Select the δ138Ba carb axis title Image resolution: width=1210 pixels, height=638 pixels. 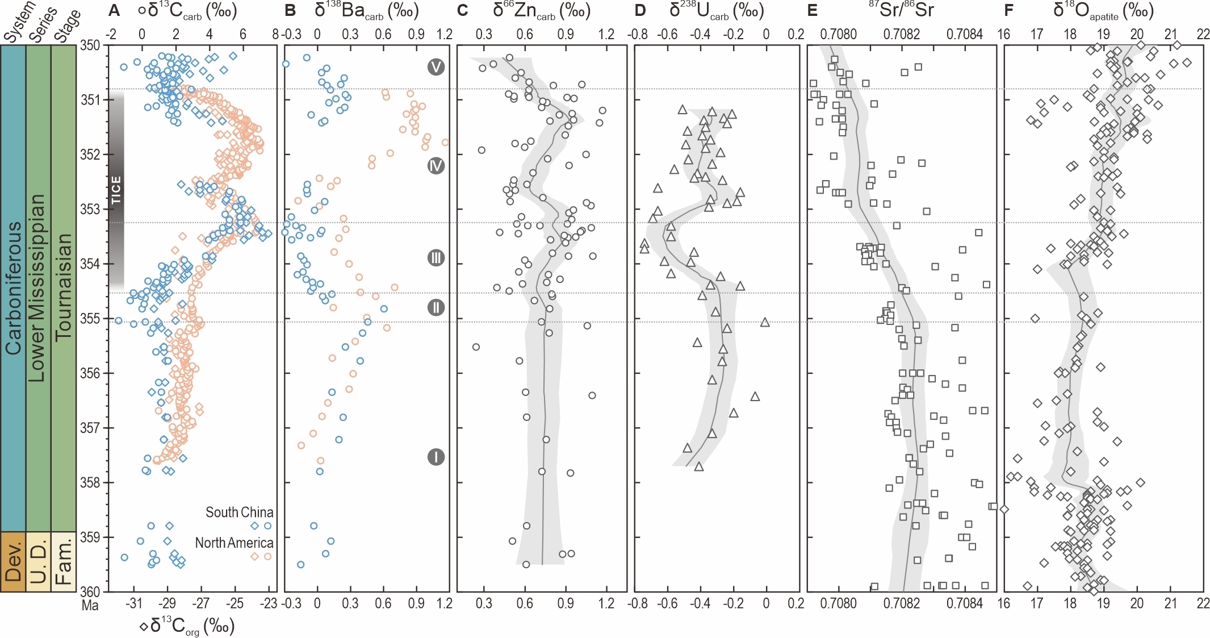(x=366, y=10)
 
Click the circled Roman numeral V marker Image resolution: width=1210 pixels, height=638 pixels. (x=436, y=67)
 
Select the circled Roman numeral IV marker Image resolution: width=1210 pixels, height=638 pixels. (x=436, y=166)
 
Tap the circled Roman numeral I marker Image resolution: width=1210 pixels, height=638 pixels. (x=436, y=457)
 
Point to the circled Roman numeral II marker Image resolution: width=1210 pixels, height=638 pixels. (x=436, y=307)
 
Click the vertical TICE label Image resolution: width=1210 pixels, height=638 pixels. (x=116, y=190)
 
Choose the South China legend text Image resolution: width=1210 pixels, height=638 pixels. (x=239, y=512)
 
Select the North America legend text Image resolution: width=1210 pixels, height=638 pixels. (x=234, y=543)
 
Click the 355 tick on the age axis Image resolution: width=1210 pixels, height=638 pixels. (x=89, y=319)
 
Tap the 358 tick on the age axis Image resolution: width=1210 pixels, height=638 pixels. (x=89, y=482)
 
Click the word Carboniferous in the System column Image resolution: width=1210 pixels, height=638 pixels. (x=13, y=287)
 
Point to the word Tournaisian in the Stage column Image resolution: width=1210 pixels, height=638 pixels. (x=64, y=287)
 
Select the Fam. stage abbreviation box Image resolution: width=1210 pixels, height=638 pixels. (x=64, y=561)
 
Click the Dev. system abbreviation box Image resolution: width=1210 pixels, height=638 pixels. (x=13, y=561)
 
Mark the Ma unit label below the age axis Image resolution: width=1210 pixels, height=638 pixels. (x=90, y=605)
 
